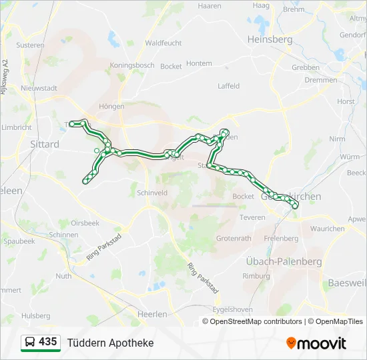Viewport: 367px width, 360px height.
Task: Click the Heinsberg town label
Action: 270,39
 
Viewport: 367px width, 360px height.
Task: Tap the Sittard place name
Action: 45,144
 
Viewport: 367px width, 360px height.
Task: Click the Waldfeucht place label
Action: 163,43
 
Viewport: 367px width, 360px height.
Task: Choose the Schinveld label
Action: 151,192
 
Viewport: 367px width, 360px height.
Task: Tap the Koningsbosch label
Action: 132,65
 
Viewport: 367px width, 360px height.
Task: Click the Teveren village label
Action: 252,217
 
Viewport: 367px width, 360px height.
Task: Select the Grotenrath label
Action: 234,238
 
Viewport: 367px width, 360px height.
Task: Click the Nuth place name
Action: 63,275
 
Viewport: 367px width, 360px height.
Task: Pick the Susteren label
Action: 30,45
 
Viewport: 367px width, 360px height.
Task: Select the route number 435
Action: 47,342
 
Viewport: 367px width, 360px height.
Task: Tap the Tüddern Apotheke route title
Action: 110,343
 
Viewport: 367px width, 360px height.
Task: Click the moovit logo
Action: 316,343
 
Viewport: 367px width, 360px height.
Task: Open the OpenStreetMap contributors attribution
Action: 256,321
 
